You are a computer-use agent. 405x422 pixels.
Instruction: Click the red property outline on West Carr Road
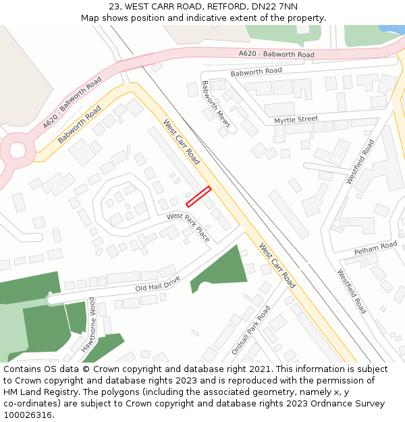[198, 196]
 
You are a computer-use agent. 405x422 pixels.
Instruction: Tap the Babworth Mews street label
[216, 104]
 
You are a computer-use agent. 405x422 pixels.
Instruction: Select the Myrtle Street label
[296, 120]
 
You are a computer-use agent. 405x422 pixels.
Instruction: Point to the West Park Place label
[188, 227]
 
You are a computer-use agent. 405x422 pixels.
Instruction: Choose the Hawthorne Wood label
[88, 325]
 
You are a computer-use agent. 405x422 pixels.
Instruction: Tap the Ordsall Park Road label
[250, 330]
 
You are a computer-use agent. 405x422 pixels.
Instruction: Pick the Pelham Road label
[375, 247]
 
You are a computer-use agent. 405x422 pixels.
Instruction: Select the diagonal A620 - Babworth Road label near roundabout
[72, 103]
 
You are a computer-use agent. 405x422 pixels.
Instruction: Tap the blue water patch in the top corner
[393, 29]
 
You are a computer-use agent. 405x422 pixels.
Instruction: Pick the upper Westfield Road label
[360, 161]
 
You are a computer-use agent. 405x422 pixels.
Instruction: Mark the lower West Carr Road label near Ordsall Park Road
[277, 265]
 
